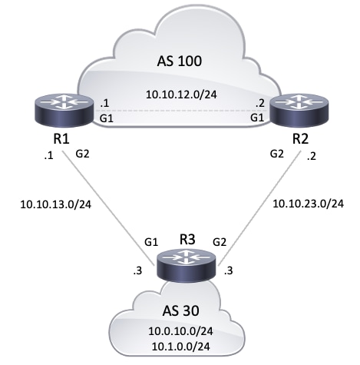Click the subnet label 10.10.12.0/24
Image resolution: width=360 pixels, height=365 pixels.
click(x=180, y=95)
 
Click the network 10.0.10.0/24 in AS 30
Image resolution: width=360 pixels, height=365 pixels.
click(x=180, y=332)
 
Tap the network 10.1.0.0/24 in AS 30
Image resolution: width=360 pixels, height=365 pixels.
click(x=180, y=348)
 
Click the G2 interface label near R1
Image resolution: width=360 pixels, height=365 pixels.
click(x=83, y=154)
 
